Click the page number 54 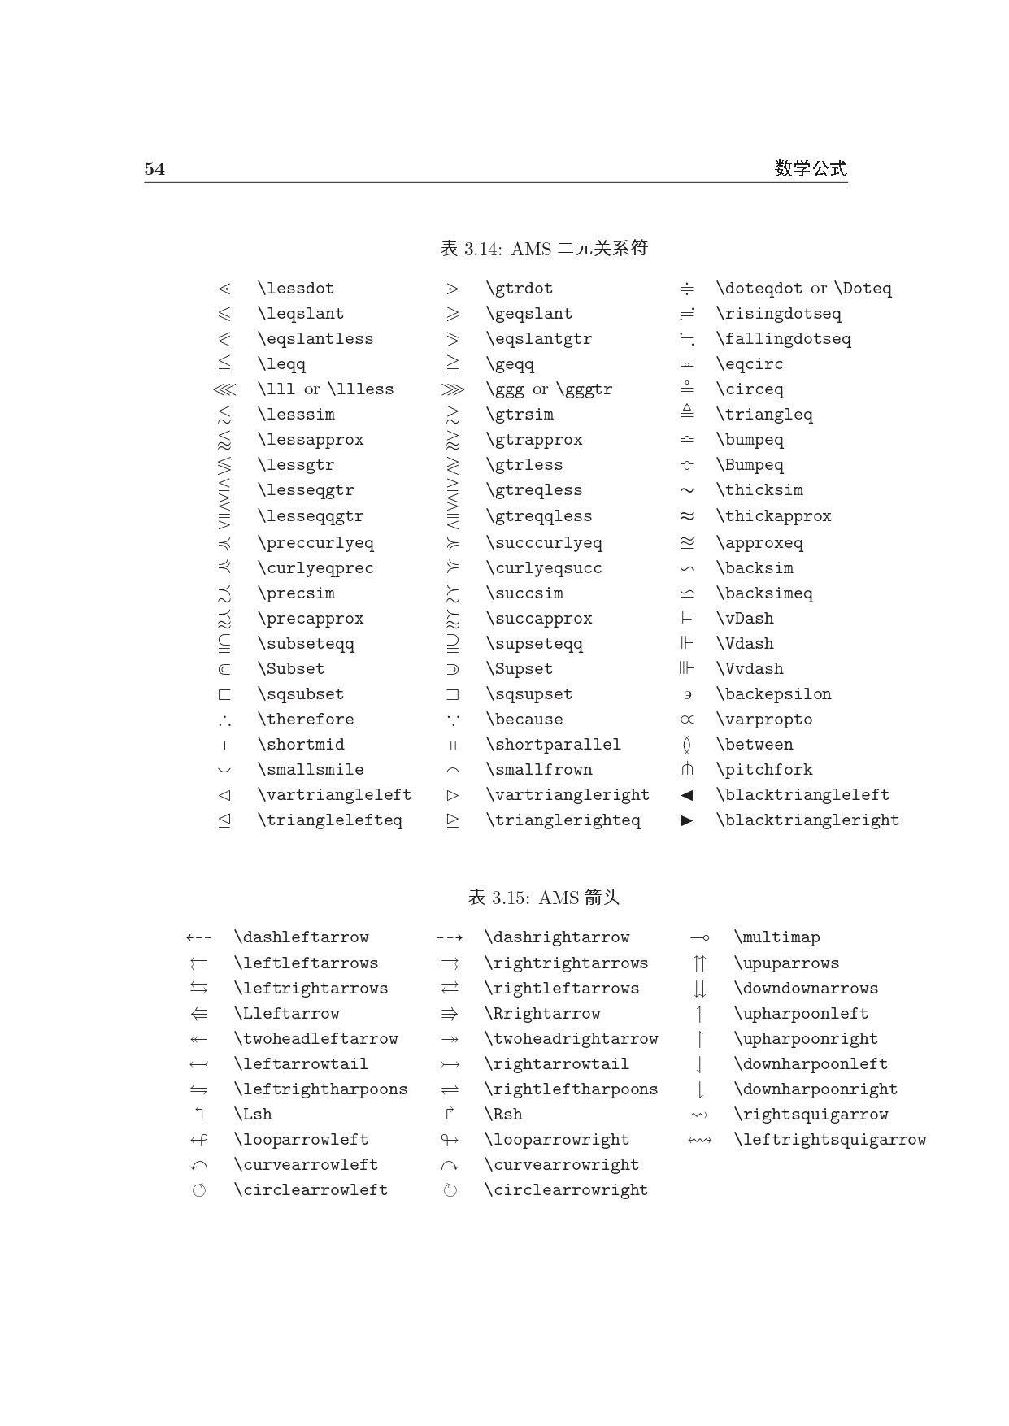(x=154, y=169)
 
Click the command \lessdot (x=295, y=289)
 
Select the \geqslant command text (x=528, y=314)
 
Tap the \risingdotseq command (x=778, y=314)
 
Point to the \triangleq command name (x=763, y=415)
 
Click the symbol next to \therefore (x=224, y=720)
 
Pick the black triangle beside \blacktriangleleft (x=687, y=795)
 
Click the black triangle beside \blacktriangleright (x=687, y=820)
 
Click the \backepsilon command (x=773, y=694)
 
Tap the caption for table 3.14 (x=544, y=249)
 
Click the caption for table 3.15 (x=544, y=898)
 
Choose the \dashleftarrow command (x=301, y=937)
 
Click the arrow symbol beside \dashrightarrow (x=450, y=938)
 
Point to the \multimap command (x=776, y=937)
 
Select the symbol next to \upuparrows (x=699, y=964)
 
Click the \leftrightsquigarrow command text (x=829, y=1140)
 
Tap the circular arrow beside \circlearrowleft (x=199, y=1191)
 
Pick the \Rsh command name (x=503, y=1115)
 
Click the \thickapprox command (x=773, y=516)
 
